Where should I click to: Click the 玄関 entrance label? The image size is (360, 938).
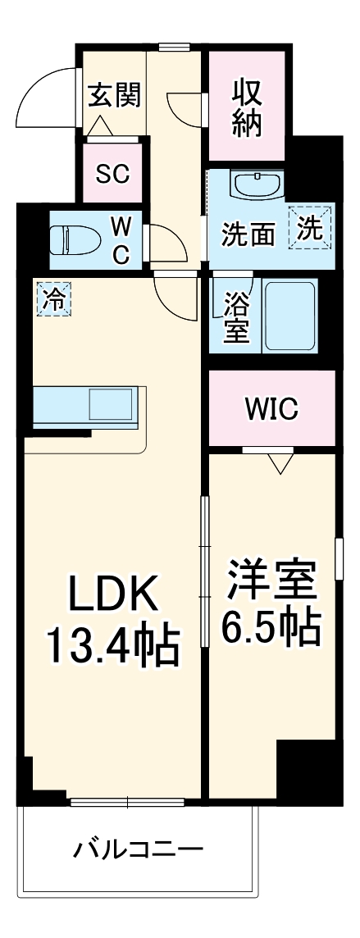click(115, 95)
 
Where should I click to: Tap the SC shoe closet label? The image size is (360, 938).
click(113, 174)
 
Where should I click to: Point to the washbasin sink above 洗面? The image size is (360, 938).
click(257, 186)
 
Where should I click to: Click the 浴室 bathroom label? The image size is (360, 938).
click(236, 316)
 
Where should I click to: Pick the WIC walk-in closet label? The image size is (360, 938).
click(271, 408)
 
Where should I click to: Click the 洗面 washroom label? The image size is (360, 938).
click(248, 235)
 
